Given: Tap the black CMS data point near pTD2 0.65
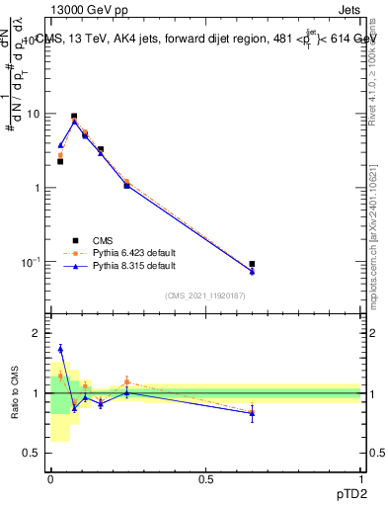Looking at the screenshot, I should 253,264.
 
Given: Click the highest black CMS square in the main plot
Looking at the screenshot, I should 74,117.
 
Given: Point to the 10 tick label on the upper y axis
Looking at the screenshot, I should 33,114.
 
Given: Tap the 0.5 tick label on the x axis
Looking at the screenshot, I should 205,479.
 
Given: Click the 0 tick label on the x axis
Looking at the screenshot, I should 50,479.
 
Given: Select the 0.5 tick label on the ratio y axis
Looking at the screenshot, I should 33,453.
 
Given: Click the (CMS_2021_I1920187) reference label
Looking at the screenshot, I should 205,295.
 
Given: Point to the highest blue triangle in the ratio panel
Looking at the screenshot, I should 60,348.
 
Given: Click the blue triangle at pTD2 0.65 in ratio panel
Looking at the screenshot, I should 253,414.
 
